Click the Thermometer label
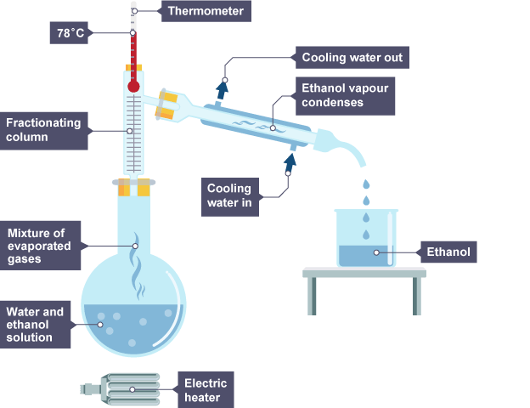pos(206,11)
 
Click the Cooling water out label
pos(351,59)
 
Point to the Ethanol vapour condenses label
pos(346,94)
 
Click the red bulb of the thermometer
pos(133,85)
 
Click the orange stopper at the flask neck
pos(134,186)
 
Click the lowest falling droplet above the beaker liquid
pos(365,235)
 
